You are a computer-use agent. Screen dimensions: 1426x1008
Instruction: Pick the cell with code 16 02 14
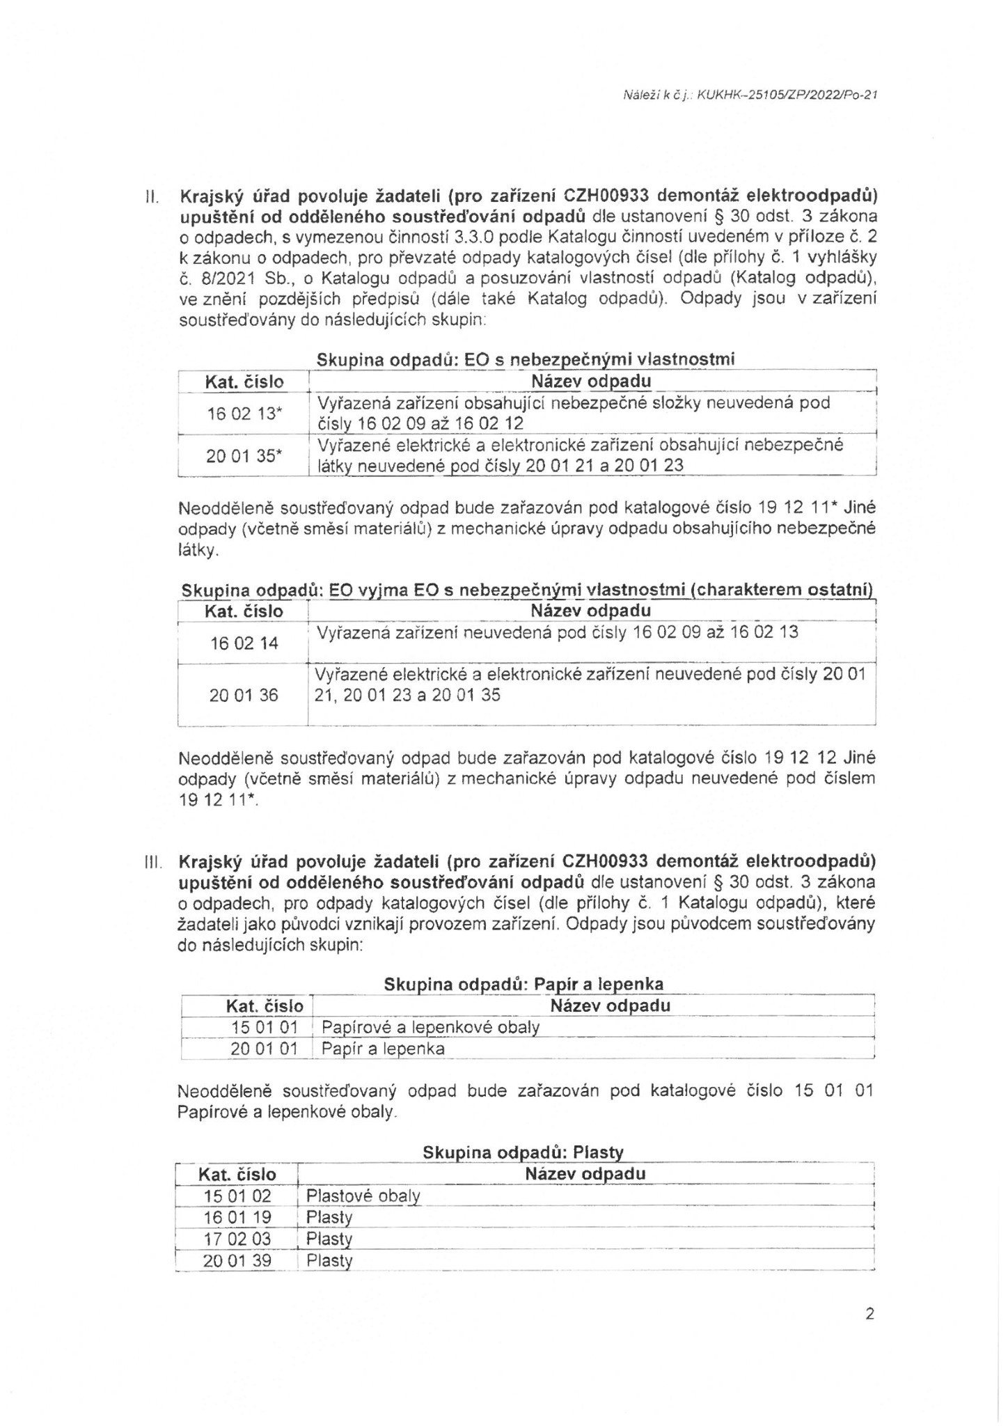[244, 643]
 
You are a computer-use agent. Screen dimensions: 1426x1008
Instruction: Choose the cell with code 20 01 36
[244, 695]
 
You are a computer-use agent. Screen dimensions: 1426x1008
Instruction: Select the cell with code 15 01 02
[237, 1196]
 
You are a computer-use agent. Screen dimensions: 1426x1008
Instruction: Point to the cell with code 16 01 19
[237, 1218]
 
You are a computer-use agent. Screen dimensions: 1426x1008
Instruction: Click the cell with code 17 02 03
[237, 1239]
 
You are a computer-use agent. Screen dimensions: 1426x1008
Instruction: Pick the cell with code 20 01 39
[237, 1261]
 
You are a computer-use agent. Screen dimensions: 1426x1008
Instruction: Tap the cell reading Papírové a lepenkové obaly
[430, 1027]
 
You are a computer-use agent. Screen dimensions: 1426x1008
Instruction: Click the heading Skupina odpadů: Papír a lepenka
[523, 985]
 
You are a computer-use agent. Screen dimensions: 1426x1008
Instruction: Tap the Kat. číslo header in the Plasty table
[237, 1175]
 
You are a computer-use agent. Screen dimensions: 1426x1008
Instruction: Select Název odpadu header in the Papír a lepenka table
[610, 1005]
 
